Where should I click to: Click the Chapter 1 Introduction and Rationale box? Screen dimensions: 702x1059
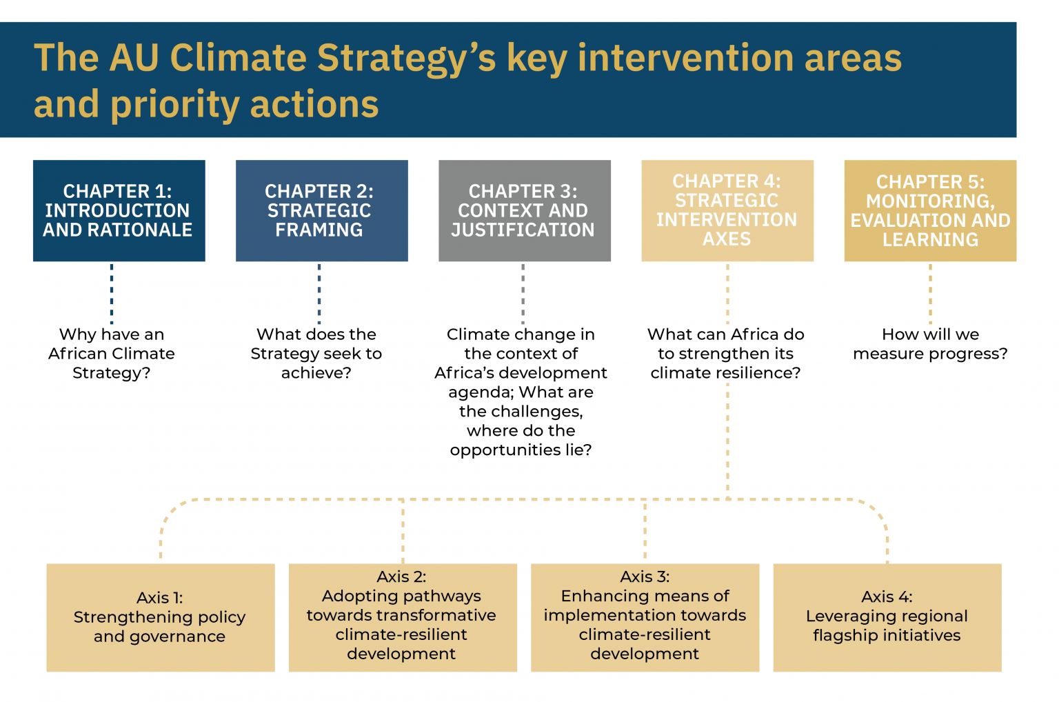click(119, 210)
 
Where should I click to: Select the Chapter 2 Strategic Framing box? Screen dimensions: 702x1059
click(321, 210)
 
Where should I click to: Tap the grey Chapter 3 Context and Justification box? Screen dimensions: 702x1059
click(524, 210)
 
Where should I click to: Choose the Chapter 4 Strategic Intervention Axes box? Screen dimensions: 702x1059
click(727, 210)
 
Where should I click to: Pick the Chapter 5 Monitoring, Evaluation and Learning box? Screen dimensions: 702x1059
click(930, 210)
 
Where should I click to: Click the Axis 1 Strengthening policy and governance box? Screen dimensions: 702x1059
click(160, 617)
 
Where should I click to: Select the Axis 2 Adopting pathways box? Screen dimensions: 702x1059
click(402, 617)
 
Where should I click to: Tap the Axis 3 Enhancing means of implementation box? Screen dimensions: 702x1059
click(645, 617)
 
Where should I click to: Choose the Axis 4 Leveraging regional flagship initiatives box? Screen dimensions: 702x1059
click(887, 617)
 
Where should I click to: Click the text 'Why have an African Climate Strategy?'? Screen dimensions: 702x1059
click(112, 354)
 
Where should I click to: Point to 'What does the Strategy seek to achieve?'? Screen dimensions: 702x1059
click(316, 354)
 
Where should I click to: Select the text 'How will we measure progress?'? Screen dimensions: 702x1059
click(930, 344)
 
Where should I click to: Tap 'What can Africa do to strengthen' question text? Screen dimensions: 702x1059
click(725, 344)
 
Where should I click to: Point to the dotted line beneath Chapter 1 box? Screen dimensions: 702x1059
click(112, 293)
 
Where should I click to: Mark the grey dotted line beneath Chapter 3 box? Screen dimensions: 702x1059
click(523, 293)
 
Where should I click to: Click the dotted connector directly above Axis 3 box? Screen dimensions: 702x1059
click(645, 531)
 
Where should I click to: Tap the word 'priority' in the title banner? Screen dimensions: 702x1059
click(174, 105)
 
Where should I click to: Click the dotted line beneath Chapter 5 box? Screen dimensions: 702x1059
click(930, 293)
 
